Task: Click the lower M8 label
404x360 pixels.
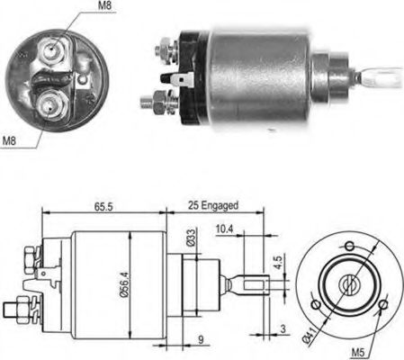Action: (11, 139)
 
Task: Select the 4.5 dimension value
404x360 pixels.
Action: (280, 265)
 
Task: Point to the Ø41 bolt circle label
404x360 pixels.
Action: (310, 336)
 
